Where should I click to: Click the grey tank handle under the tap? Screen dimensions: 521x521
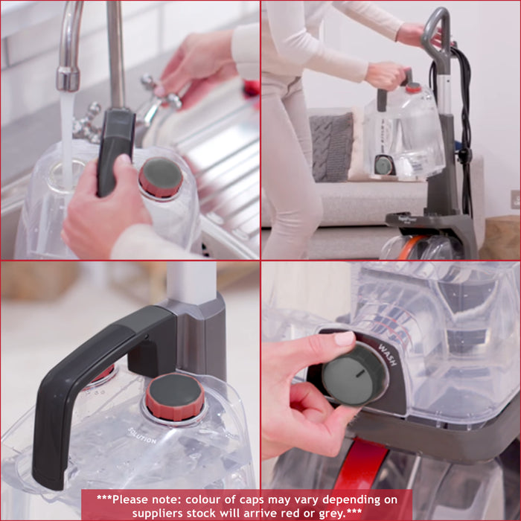[115, 149]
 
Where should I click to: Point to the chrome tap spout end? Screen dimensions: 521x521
[68, 78]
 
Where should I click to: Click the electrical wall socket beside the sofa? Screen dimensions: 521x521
[515, 199]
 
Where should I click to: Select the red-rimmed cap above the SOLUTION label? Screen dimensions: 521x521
[174, 396]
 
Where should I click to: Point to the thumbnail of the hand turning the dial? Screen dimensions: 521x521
[343, 339]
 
